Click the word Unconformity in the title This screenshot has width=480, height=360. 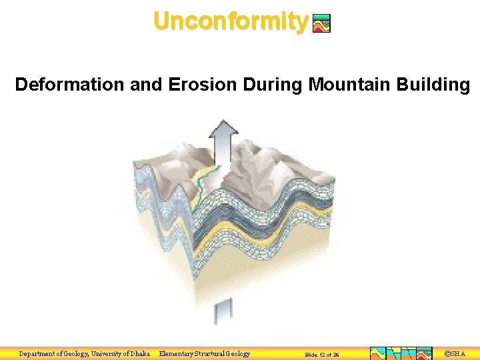tap(230, 21)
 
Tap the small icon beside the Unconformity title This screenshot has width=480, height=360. tap(321, 24)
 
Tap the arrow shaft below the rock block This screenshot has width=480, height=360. tap(223, 311)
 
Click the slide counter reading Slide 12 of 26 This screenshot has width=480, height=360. tap(321, 355)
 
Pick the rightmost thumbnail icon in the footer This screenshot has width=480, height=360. tap(424, 353)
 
